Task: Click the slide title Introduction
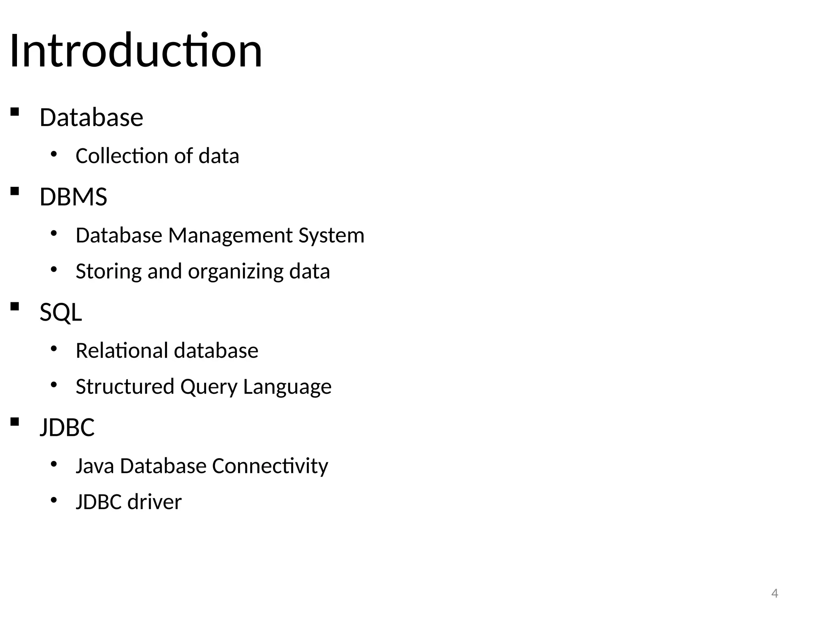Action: (136, 51)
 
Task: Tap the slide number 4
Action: (775, 594)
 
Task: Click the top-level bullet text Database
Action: (91, 118)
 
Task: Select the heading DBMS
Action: (73, 197)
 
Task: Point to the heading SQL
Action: (61, 313)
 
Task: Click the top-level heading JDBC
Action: (67, 427)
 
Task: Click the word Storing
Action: (108, 271)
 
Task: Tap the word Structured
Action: (125, 387)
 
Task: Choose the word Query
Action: (209, 387)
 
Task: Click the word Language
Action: (287, 387)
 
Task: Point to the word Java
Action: (95, 466)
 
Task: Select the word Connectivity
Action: (270, 466)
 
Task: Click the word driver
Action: (154, 502)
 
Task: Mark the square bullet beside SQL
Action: (15, 307)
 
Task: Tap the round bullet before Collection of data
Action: (54, 154)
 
